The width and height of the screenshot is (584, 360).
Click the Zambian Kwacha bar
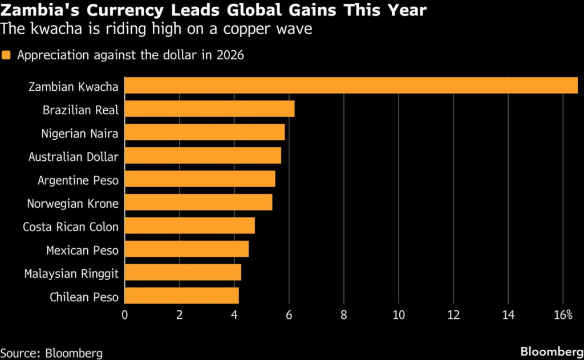coord(351,86)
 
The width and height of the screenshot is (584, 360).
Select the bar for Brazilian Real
coord(209,109)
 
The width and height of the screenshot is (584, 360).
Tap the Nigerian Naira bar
coord(204,132)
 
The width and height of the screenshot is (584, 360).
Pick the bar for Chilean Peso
coord(181,296)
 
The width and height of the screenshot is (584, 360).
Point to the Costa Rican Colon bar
coord(189,226)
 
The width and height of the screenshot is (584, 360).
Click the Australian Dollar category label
coord(74,156)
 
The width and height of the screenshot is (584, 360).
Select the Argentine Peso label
coord(78,180)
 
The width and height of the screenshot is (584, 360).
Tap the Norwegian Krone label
coord(73,203)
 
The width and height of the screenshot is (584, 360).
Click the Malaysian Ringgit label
coord(71,273)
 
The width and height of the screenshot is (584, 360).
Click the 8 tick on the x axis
coord(344,315)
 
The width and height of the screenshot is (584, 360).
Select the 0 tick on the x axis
coord(125,315)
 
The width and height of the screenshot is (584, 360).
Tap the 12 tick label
coord(453,315)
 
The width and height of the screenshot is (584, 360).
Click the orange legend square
coord(6,55)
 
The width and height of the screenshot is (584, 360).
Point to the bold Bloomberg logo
coord(549,351)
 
